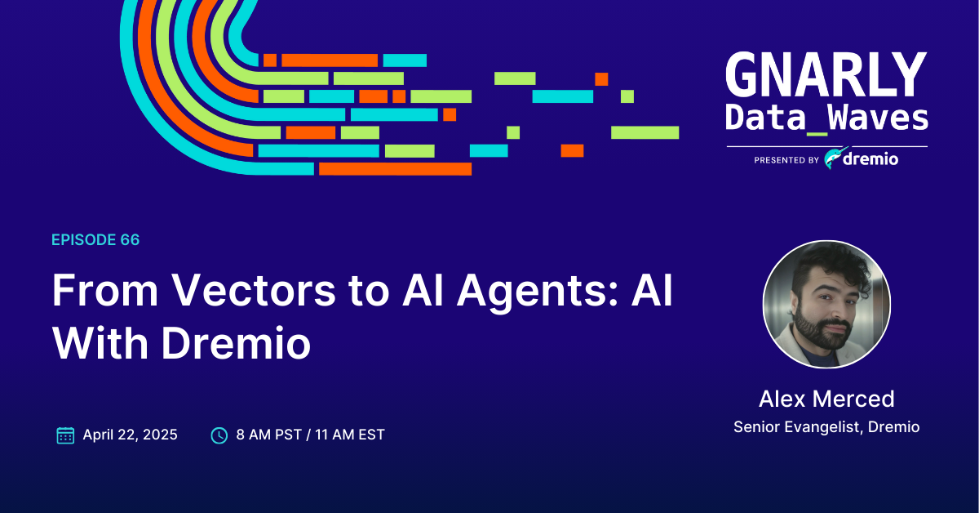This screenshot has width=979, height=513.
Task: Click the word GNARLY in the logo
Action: pyautogui.click(x=826, y=76)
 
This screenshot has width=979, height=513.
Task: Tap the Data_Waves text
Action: pyautogui.click(x=826, y=118)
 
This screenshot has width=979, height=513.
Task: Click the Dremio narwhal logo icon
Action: pyautogui.click(x=834, y=158)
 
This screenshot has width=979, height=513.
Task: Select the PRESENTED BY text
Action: pyautogui.click(x=786, y=161)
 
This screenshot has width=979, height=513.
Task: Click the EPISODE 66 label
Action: pyautogui.click(x=95, y=239)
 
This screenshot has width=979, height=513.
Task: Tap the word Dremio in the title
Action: pyautogui.click(x=236, y=344)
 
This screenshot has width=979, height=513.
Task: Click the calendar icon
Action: pyautogui.click(x=65, y=435)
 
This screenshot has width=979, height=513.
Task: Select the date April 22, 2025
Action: pyautogui.click(x=130, y=435)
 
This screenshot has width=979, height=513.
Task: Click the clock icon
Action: pyautogui.click(x=219, y=435)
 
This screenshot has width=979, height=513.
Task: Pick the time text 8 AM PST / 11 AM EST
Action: pyautogui.click(x=310, y=435)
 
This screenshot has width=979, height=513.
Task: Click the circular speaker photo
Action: pyautogui.click(x=826, y=304)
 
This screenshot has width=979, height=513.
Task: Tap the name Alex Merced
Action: pyautogui.click(x=826, y=399)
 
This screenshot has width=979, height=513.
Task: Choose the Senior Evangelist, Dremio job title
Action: pyautogui.click(x=826, y=427)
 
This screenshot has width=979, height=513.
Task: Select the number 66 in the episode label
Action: pyautogui.click(x=129, y=239)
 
